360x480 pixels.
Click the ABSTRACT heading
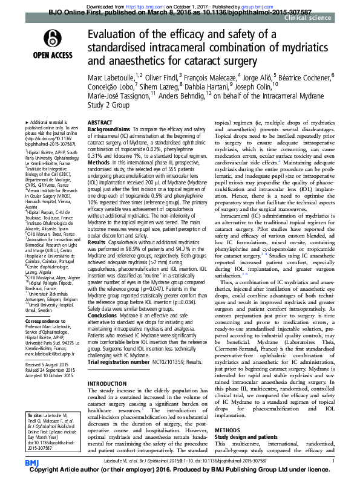pos(100,122)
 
